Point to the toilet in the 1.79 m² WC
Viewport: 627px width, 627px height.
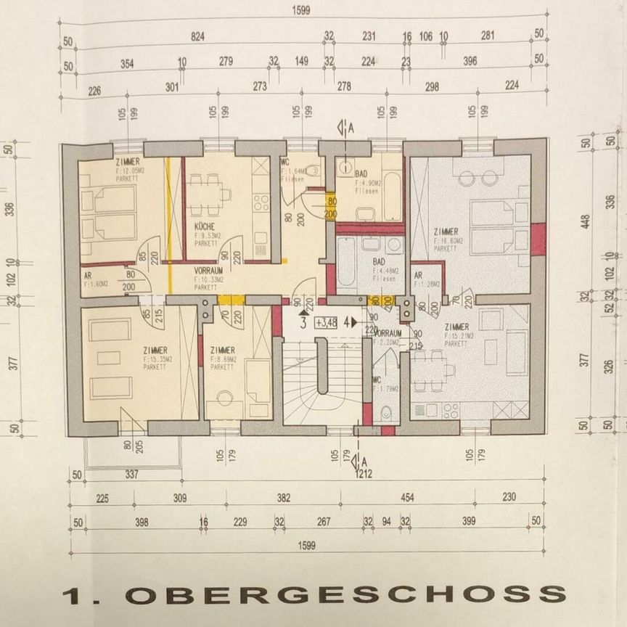click(387, 413)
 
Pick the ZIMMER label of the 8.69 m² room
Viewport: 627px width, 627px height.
click(221, 350)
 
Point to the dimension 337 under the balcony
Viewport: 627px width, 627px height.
click(131, 475)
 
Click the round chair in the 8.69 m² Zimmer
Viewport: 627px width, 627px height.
click(224, 398)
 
